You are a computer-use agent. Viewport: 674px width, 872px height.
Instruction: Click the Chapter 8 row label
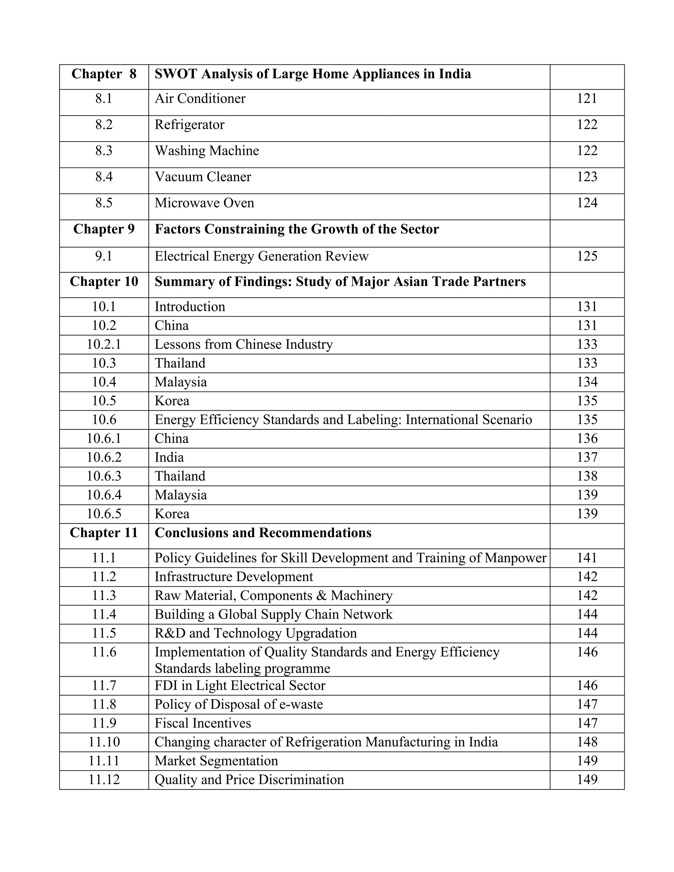(x=104, y=74)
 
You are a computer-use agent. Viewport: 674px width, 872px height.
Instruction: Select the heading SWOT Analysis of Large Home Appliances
(x=313, y=74)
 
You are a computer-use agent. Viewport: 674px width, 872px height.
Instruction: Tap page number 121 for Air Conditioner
(x=586, y=99)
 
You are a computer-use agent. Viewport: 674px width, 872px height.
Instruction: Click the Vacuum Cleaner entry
(x=203, y=177)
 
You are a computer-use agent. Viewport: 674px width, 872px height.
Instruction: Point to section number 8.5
(x=104, y=203)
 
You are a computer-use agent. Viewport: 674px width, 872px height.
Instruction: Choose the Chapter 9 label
(x=104, y=229)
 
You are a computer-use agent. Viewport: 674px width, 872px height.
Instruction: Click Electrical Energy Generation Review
(x=262, y=256)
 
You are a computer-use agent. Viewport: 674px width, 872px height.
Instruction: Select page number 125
(x=586, y=256)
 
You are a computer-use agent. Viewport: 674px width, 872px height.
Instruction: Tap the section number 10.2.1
(x=104, y=344)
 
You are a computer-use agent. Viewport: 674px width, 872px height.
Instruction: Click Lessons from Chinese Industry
(x=244, y=344)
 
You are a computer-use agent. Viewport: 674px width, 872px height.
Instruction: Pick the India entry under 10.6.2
(x=169, y=457)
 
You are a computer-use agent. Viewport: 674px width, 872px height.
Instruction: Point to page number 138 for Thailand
(x=586, y=476)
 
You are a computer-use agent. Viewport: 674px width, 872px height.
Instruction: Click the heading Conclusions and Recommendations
(x=263, y=533)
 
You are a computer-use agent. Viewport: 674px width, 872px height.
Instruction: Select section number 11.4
(x=104, y=614)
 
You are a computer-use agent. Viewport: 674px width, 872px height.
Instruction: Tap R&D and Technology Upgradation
(x=255, y=633)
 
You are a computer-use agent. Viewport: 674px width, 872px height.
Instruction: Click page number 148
(x=586, y=742)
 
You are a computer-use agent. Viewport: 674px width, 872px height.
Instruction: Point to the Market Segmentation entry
(x=216, y=760)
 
